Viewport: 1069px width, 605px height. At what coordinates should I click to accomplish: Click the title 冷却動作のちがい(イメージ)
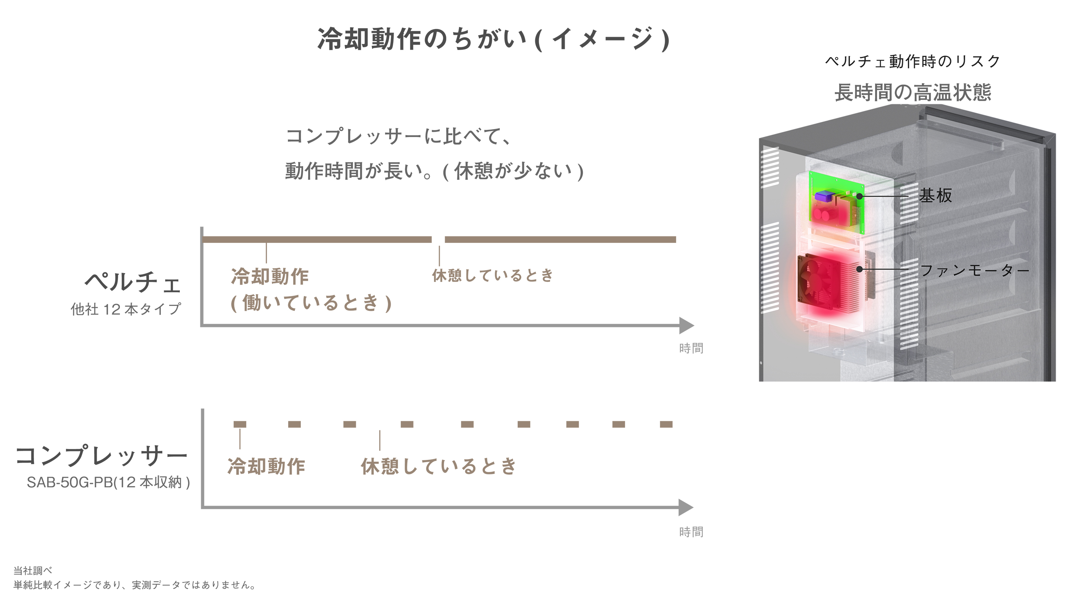pos(493,39)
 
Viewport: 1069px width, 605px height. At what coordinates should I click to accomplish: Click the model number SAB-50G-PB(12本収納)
pos(108,482)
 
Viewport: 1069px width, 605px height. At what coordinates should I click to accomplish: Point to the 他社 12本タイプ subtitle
pos(126,309)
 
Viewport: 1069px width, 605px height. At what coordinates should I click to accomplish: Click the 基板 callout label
pos(935,195)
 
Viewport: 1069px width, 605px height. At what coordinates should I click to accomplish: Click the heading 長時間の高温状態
pos(913,92)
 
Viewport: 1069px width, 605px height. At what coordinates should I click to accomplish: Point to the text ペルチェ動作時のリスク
pos(912,61)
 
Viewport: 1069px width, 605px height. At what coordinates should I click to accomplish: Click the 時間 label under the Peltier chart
pos(691,348)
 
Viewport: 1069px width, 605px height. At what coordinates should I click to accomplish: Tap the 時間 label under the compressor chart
pos(691,532)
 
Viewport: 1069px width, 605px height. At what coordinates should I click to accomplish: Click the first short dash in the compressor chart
pos(240,424)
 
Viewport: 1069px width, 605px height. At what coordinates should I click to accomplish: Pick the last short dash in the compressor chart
pos(666,424)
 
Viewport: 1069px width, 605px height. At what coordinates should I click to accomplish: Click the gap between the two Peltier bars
pos(438,239)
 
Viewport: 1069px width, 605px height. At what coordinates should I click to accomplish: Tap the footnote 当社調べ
pos(33,571)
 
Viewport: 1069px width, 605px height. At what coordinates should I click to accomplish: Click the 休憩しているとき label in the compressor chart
pos(438,466)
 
